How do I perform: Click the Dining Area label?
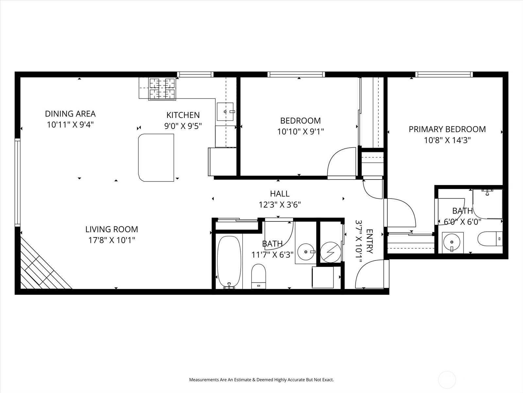tap(70, 114)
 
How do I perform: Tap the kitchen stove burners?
tap(162, 88)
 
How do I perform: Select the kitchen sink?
tap(226, 112)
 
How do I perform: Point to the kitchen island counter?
tap(156, 158)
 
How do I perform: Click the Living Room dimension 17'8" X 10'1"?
tap(112, 240)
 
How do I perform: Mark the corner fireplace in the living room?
tap(41, 267)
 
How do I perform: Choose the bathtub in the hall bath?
tap(229, 262)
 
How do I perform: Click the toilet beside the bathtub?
tap(259, 276)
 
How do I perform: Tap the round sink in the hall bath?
tap(306, 252)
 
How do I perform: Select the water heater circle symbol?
tap(330, 252)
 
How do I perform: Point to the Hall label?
tap(280, 194)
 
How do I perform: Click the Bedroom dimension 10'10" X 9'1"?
tap(300, 131)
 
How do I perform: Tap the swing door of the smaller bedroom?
tap(342, 163)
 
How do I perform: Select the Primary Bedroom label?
tap(447, 129)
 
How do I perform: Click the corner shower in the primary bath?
tap(487, 204)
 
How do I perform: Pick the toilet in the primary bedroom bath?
tap(490, 239)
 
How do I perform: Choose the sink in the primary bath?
tap(453, 243)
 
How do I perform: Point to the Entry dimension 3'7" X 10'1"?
tap(364, 241)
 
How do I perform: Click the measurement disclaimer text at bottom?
tap(261, 380)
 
